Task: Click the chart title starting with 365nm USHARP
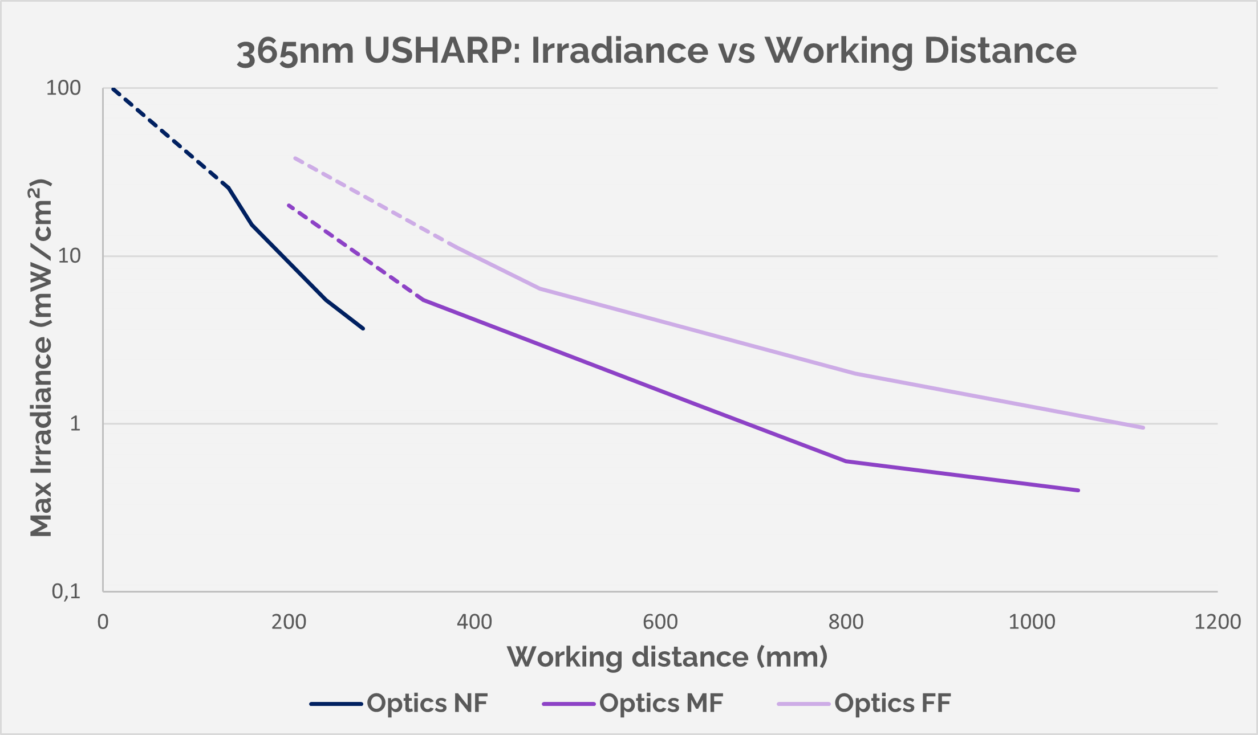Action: pos(656,51)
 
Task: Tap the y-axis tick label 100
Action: pos(63,88)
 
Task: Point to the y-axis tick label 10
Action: pos(70,256)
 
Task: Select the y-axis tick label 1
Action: pos(75,424)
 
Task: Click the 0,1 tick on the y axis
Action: pos(66,591)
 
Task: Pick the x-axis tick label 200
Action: pos(289,622)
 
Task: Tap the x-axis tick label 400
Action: pos(474,622)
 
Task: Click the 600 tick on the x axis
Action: pos(660,622)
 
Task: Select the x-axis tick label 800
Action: pos(846,622)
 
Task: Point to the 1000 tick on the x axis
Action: pos(1032,622)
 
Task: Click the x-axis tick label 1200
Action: pos(1218,622)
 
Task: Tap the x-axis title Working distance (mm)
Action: pos(667,657)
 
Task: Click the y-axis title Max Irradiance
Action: pos(41,359)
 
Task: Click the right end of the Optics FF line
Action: pos(1143,427)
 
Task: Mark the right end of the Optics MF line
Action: pos(1078,490)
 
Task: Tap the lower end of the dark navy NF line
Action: pos(363,329)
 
